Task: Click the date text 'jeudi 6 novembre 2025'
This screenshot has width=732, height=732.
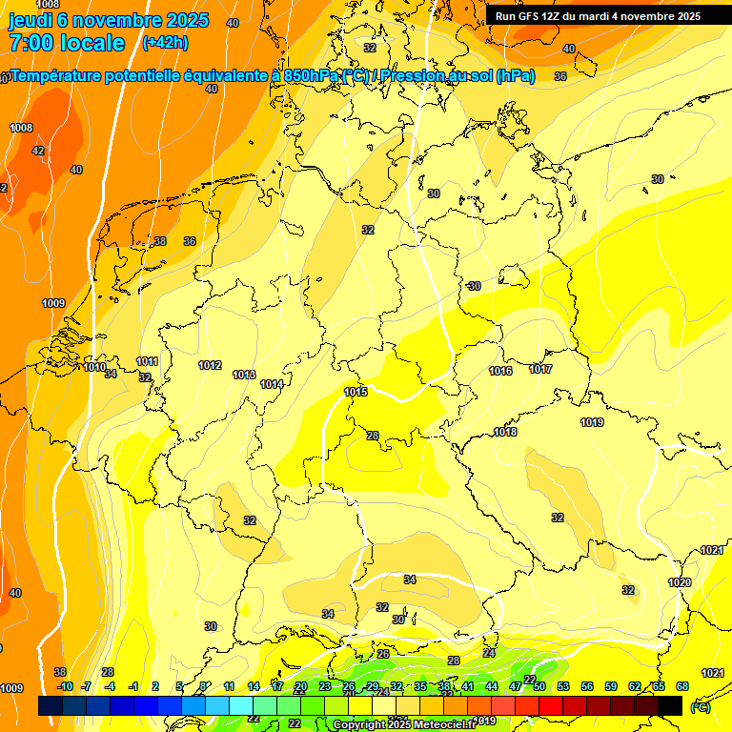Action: [99, 20]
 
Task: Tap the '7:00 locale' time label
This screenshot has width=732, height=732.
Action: [66, 43]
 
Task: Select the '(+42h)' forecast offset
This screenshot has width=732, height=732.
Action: [165, 42]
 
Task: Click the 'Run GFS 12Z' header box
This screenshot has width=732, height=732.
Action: [598, 15]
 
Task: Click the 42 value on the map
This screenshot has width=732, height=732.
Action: [38, 151]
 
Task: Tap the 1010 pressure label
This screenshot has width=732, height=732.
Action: [94, 367]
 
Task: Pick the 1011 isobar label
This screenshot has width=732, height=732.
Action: [147, 361]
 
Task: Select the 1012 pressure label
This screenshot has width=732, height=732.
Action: [210, 365]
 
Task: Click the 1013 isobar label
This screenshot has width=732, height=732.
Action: [244, 375]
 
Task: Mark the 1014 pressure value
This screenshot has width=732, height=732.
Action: [272, 384]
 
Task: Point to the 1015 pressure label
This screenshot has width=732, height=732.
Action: [356, 392]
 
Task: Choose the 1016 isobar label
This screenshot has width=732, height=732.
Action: [500, 371]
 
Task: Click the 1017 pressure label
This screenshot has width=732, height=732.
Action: [540, 369]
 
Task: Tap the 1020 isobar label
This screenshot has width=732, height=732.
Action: [680, 582]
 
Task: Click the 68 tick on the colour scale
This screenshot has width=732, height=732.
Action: [682, 686]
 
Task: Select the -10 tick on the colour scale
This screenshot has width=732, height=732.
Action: [65, 686]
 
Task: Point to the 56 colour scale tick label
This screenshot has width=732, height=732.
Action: [587, 686]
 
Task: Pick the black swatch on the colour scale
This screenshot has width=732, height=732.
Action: [670, 705]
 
